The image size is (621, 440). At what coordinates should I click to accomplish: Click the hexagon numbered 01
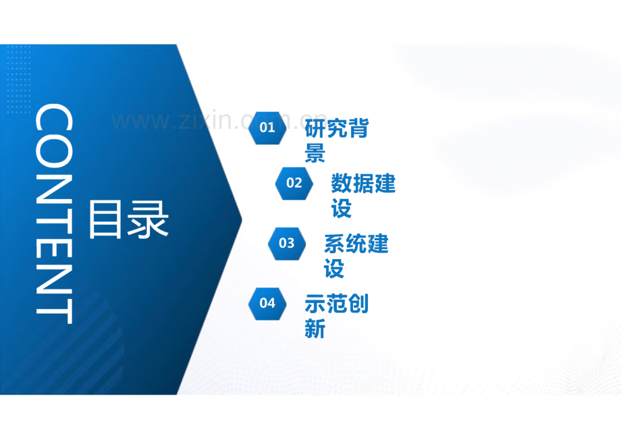(267, 128)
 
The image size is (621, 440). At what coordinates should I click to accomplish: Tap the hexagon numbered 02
(294, 183)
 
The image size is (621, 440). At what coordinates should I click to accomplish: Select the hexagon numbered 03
(287, 243)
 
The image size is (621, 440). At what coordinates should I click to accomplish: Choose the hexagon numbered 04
(267, 303)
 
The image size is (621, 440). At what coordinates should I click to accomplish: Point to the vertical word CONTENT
(53, 214)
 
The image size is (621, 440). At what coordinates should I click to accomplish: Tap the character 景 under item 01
(315, 154)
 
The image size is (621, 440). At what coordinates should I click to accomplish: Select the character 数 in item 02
(342, 183)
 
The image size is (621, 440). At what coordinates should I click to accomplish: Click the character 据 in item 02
(363, 183)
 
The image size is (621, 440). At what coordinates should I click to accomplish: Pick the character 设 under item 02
(342, 209)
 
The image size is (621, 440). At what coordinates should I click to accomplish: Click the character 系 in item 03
(335, 243)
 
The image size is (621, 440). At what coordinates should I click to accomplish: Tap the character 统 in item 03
(356, 243)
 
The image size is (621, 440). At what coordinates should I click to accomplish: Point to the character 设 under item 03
(335, 269)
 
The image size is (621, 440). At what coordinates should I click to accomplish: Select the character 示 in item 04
(315, 303)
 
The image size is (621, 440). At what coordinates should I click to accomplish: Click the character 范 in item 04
(337, 303)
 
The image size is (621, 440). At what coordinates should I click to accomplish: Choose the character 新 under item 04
(315, 329)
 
